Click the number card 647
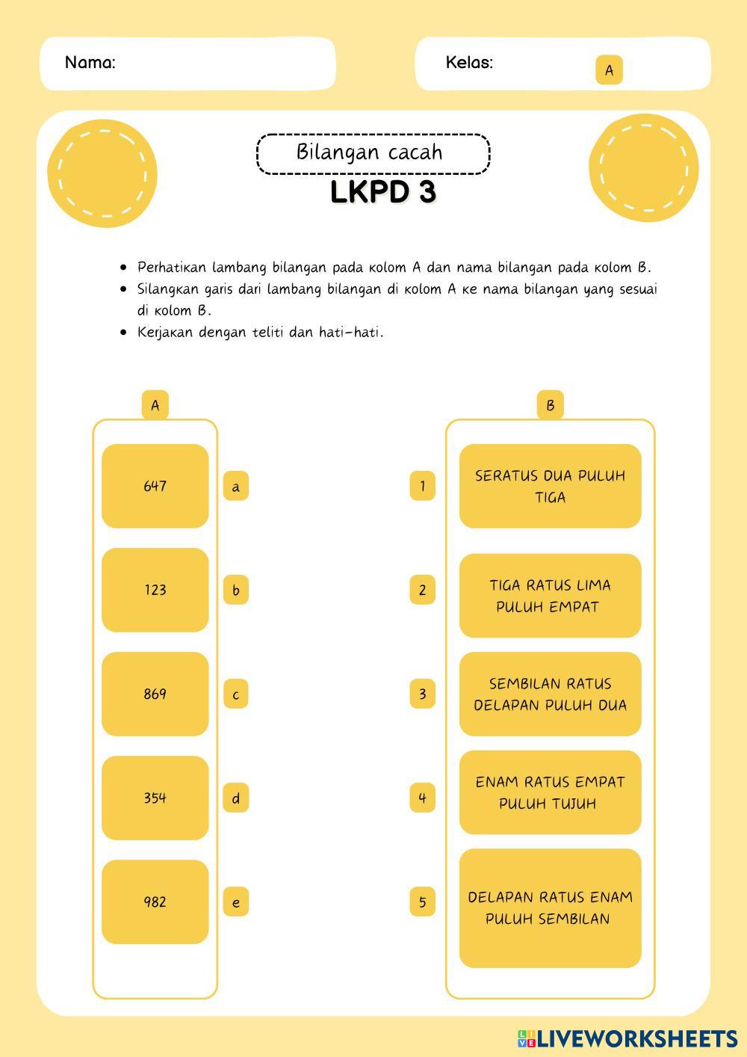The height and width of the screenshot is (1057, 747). click(155, 486)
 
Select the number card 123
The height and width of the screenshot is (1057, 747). click(155, 590)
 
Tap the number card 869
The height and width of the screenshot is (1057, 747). click(155, 694)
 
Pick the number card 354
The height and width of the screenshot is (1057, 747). click(155, 798)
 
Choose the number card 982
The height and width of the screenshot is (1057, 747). click(155, 902)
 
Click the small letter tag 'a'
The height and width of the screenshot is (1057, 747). click(236, 487)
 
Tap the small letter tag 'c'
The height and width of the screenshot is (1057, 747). click(236, 694)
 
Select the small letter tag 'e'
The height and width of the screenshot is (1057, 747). click(236, 902)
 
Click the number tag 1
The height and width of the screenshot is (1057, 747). click(422, 487)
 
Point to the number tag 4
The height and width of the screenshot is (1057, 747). click(422, 798)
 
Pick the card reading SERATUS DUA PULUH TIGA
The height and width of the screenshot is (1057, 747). click(550, 486)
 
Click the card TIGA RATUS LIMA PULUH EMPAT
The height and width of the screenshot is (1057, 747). click(550, 596)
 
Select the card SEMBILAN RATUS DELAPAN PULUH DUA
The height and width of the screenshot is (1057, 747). click(550, 694)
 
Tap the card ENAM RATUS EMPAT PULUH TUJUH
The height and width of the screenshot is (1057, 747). click(550, 792)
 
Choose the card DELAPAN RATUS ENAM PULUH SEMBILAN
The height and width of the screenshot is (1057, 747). click(550, 907)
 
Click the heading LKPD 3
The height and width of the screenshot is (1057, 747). click(382, 193)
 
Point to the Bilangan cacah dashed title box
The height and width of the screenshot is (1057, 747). click(373, 153)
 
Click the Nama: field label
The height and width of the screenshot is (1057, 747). click(90, 63)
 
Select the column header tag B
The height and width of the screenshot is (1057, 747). click(550, 405)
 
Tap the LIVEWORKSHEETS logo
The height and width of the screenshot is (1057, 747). click(627, 1038)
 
